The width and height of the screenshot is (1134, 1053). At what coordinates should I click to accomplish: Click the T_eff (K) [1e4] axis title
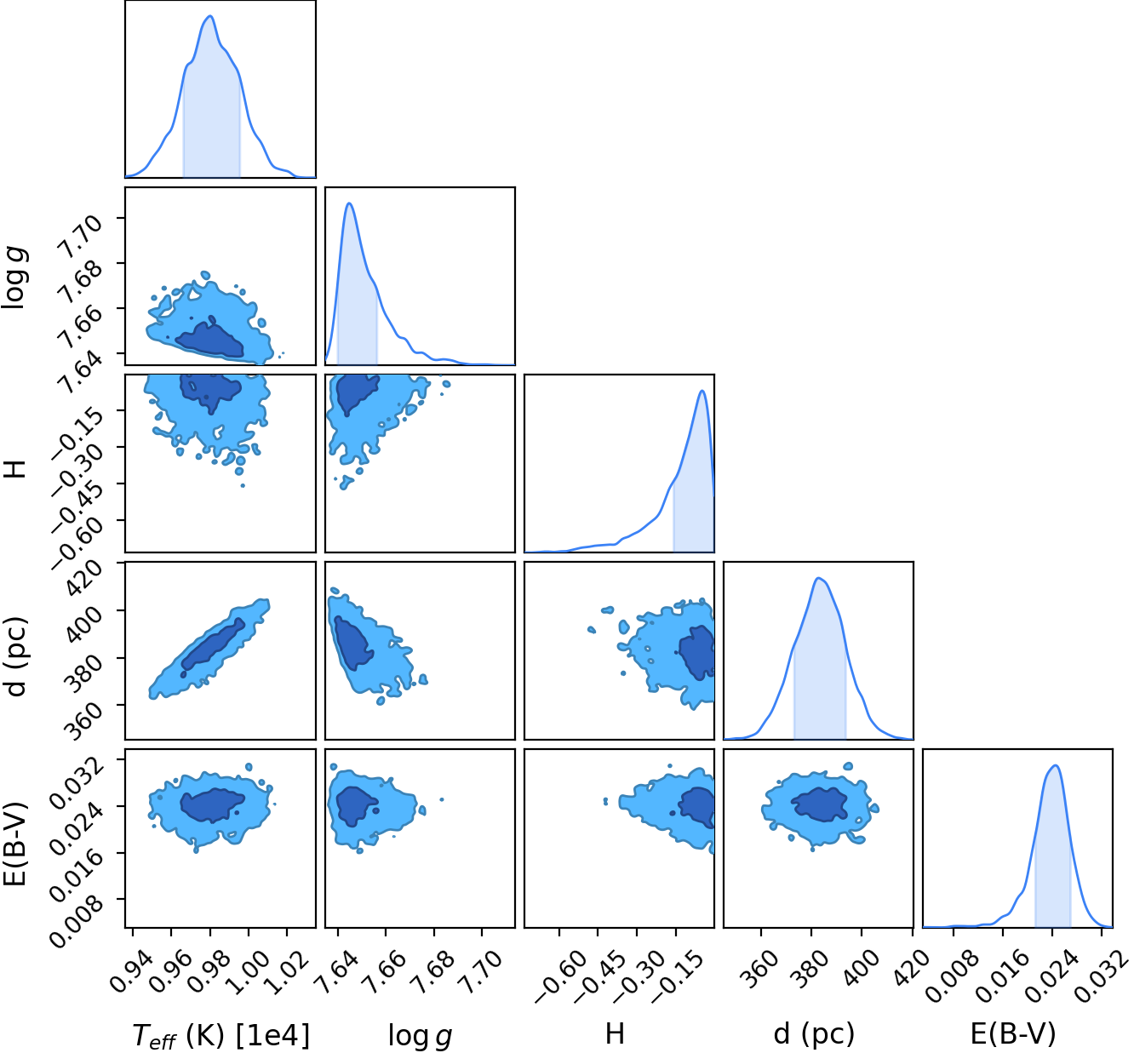(221, 1034)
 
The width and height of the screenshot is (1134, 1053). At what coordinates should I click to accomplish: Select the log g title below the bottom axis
(421, 1035)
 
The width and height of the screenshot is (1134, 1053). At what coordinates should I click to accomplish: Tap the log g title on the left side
(14, 278)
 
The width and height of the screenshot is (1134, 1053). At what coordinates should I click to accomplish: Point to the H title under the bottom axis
(615, 1033)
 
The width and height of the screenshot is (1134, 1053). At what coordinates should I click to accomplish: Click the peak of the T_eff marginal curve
(210, 16)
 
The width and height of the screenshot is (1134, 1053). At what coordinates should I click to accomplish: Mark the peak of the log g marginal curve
(349, 203)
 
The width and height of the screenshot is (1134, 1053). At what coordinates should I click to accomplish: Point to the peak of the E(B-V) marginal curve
(1055, 765)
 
